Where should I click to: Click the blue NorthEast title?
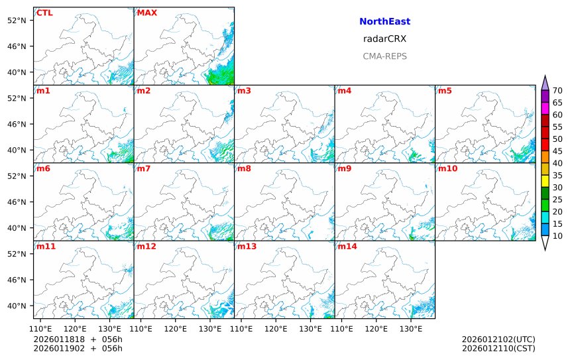[x=384, y=22]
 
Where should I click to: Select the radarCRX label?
[x=384, y=39]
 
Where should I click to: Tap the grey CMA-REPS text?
[x=384, y=56]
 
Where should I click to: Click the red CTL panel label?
[x=44, y=13]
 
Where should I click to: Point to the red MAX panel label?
[x=146, y=13]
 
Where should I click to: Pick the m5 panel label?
[x=444, y=91]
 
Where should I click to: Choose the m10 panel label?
[x=447, y=168]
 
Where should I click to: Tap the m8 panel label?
[x=244, y=168]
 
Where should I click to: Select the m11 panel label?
[x=45, y=246]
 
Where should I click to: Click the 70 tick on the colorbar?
[x=557, y=91]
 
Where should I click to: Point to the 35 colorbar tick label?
[x=557, y=175]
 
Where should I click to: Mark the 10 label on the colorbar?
[x=557, y=236]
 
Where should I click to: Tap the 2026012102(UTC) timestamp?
[x=498, y=339]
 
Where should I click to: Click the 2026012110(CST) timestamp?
[x=498, y=348]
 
